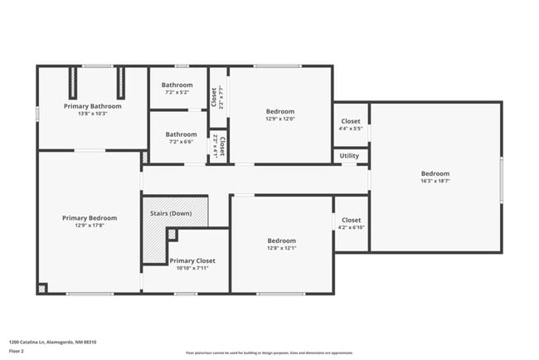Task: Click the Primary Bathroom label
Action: [93, 106]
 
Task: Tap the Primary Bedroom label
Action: [90, 218]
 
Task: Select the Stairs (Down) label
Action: [171, 213]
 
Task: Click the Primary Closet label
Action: [192, 260]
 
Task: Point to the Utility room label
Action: [349, 155]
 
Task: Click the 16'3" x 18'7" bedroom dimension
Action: [435, 181]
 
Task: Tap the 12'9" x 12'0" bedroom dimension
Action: [280, 119]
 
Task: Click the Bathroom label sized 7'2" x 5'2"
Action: [177, 85]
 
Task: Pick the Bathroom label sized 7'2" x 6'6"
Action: [181, 134]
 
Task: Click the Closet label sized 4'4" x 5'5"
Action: [351, 121]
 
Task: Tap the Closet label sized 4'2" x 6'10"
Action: [352, 221]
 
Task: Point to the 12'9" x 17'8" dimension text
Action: [90, 226]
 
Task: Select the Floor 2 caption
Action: [17, 351]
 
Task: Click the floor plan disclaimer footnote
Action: [269, 353]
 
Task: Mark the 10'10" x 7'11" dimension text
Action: [192, 268]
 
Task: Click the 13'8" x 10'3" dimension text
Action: [93, 114]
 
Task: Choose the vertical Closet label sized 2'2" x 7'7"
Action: [214, 97]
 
